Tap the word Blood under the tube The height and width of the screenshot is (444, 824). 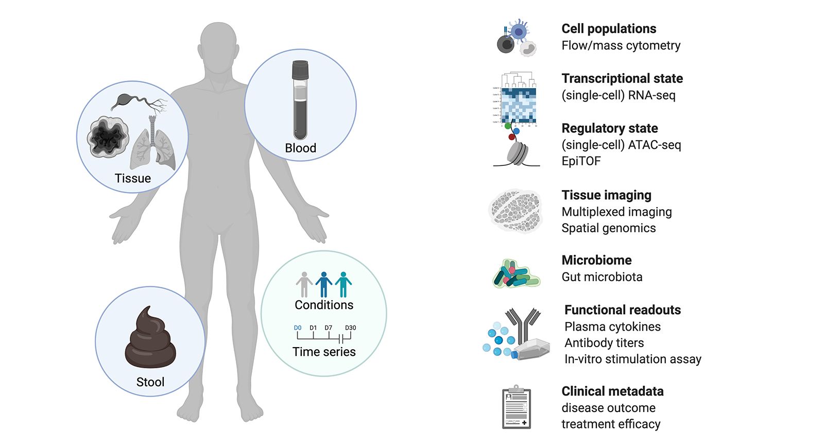[x=300, y=148]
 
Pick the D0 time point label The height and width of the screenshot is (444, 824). [x=298, y=328]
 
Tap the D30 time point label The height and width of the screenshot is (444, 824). [x=350, y=328]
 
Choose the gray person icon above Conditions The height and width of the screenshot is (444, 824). [x=304, y=284]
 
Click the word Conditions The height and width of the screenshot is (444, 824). [x=324, y=305]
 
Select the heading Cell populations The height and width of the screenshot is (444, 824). [x=609, y=29]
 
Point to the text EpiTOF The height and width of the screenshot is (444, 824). [x=581, y=161]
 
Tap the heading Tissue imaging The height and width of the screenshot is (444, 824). [x=606, y=195]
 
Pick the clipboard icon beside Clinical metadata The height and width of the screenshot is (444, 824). [x=517, y=407]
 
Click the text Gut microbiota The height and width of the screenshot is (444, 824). [x=602, y=277]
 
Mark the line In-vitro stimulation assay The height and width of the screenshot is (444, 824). [x=632, y=359]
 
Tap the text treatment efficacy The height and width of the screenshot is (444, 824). [x=610, y=424]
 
